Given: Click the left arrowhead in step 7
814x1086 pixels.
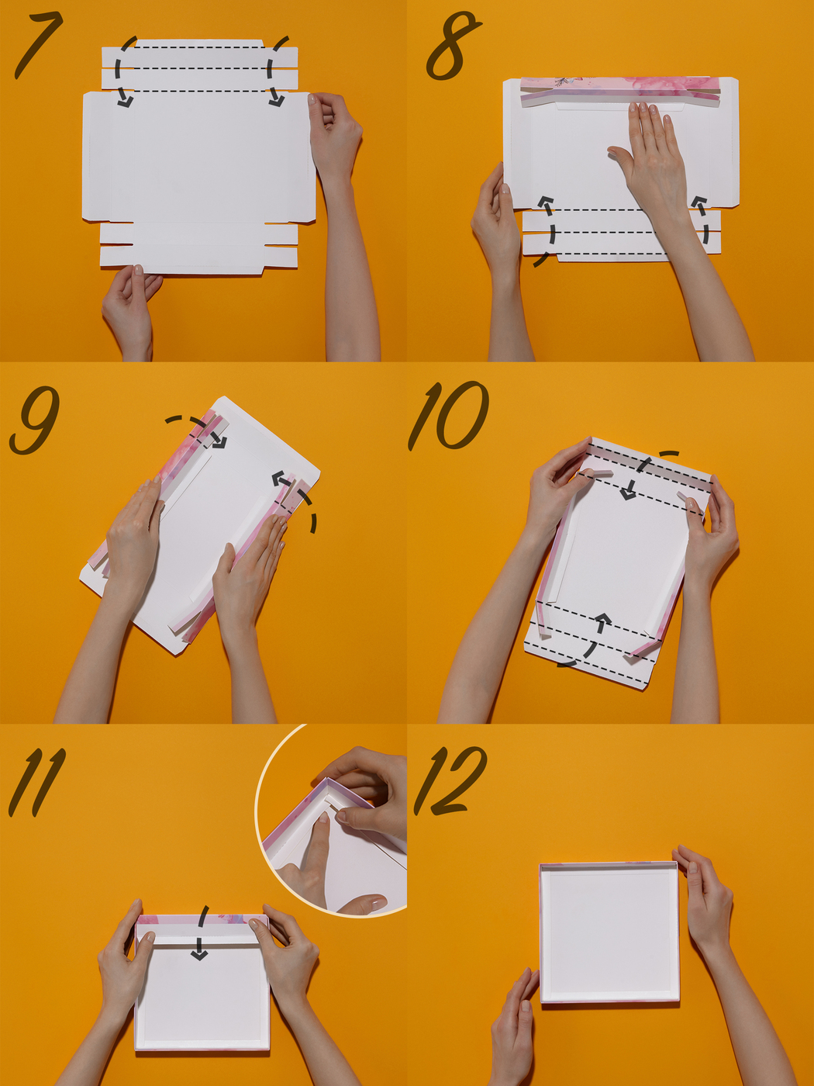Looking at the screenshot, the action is [x=126, y=102].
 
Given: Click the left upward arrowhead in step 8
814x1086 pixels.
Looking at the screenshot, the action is [x=545, y=201].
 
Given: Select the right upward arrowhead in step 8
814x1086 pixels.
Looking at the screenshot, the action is [x=698, y=201].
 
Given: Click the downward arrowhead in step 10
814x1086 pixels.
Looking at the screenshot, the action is [x=629, y=493].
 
